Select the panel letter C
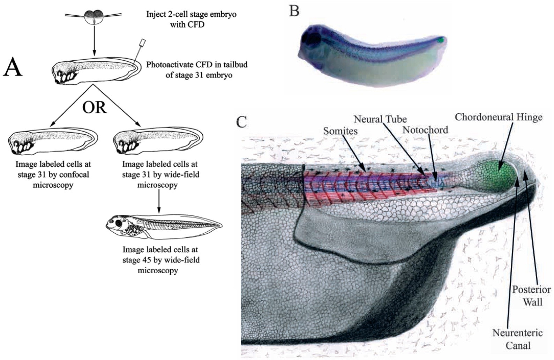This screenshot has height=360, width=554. click(x=242, y=121)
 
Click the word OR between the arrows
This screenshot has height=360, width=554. click(x=94, y=108)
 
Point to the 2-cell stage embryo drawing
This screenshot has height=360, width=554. click(x=93, y=17)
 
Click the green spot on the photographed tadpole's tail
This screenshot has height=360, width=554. click(x=441, y=40)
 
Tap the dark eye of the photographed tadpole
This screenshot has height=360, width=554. click(x=313, y=38)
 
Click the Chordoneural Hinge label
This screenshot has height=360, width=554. click(x=499, y=117)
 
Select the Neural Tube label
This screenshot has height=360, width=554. click(x=380, y=119)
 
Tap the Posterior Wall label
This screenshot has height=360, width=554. click(x=531, y=295)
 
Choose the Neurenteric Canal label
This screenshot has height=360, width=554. click(x=517, y=338)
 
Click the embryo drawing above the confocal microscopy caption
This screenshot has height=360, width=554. click(x=53, y=141)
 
